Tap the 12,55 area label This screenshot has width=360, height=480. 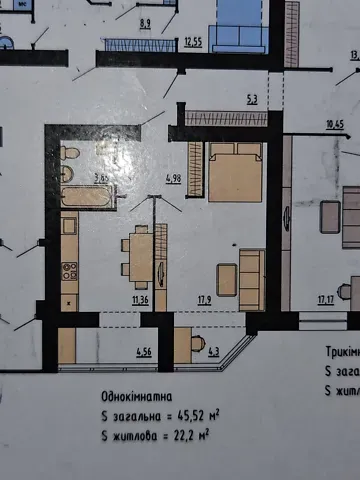click(x=194, y=43)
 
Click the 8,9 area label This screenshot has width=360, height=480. click(x=144, y=23)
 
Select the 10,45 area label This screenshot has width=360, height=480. click(x=334, y=125)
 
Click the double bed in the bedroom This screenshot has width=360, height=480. click(x=235, y=171)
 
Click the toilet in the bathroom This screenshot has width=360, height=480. click(x=69, y=154)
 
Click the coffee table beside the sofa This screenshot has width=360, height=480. click(x=227, y=279)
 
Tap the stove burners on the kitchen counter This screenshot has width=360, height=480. click(x=69, y=270)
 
